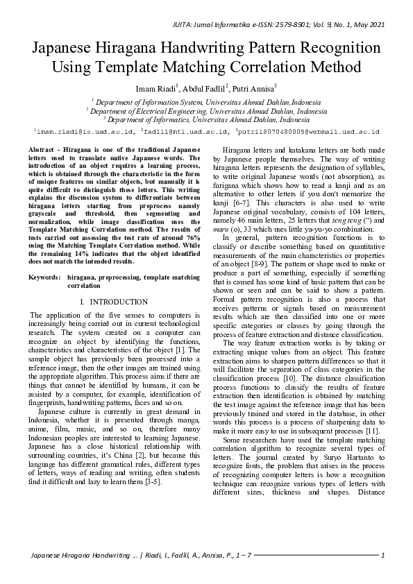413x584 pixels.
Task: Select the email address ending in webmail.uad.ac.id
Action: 310,130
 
